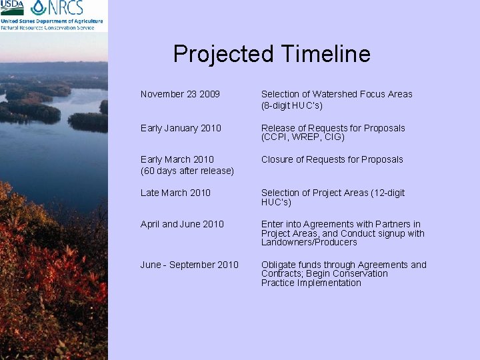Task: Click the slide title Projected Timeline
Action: pos(271,54)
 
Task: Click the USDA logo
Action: pos(12,8)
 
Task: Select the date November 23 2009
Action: pos(180,95)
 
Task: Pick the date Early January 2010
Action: pos(181,128)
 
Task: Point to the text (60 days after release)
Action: pos(187,171)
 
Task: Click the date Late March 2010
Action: pos(175,193)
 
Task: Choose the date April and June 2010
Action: pos(182,224)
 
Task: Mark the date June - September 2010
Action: pos(189,265)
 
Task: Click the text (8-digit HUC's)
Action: pos(292,106)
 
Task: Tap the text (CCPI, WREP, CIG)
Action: pos(303,137)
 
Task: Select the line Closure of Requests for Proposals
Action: pos(332,159)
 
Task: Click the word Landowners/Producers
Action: pos(309,242)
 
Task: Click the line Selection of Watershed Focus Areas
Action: pos(337,95)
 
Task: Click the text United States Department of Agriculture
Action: pos(51,21)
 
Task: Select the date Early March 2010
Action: pos(177,159)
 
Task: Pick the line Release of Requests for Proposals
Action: pos(333,128)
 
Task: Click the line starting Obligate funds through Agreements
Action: pos(343,265)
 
